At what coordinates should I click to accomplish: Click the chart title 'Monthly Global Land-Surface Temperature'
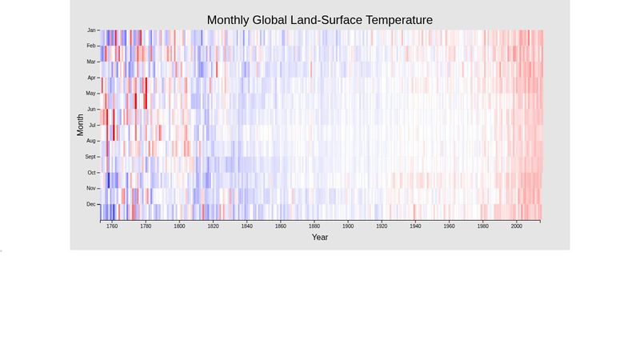coord(319,19)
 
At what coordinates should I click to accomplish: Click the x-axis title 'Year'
coord(319,237)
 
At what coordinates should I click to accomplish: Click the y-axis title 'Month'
coord(80,125)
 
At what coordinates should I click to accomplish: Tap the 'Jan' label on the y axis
coord(91,30)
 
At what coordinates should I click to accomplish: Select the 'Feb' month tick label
coord(91,46)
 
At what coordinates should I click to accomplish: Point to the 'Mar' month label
coord(91,62)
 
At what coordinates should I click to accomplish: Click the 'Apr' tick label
coord(91,78)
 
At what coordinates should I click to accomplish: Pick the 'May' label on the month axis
coord(91,93)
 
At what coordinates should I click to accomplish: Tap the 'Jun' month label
coord(91,109)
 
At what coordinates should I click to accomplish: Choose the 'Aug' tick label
coord(91,141)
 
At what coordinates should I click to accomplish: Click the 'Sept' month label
coord(90,157)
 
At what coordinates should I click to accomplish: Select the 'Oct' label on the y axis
coord(91,172)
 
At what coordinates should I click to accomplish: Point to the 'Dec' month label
coord(91,204)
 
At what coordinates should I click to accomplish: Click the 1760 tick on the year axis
coord(112,226)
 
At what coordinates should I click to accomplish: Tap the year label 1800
coord(179,226)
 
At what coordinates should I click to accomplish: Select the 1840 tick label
coord(246,226)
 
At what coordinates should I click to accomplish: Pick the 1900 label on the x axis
coord(348,226)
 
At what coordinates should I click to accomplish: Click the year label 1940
coord(415,226)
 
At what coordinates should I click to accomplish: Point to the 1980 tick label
coord(483,226)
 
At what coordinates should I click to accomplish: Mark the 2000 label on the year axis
coord(517,226)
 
